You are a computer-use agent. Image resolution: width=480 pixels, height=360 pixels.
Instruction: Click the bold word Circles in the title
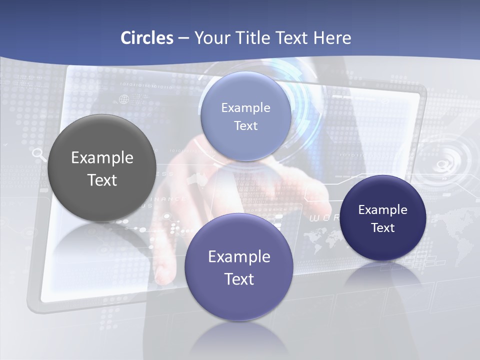147,38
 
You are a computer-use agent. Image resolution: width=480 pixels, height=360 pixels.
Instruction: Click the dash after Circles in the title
183,38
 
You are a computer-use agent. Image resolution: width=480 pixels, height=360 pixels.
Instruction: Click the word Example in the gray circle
102,158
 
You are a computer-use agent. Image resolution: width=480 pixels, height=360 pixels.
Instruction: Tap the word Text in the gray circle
102,180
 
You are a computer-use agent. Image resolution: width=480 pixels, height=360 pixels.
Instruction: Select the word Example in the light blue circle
245,108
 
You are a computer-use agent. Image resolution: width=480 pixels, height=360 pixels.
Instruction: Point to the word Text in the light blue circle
245,126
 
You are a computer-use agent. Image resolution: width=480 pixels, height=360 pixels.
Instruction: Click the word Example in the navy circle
383,210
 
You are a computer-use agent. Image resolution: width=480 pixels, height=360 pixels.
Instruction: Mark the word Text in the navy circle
383,228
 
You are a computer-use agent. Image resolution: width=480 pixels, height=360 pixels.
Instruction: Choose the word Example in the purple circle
239,257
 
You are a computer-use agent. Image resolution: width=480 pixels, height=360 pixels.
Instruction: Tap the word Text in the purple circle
239,279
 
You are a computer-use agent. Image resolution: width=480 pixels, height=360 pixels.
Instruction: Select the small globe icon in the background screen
123,99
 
